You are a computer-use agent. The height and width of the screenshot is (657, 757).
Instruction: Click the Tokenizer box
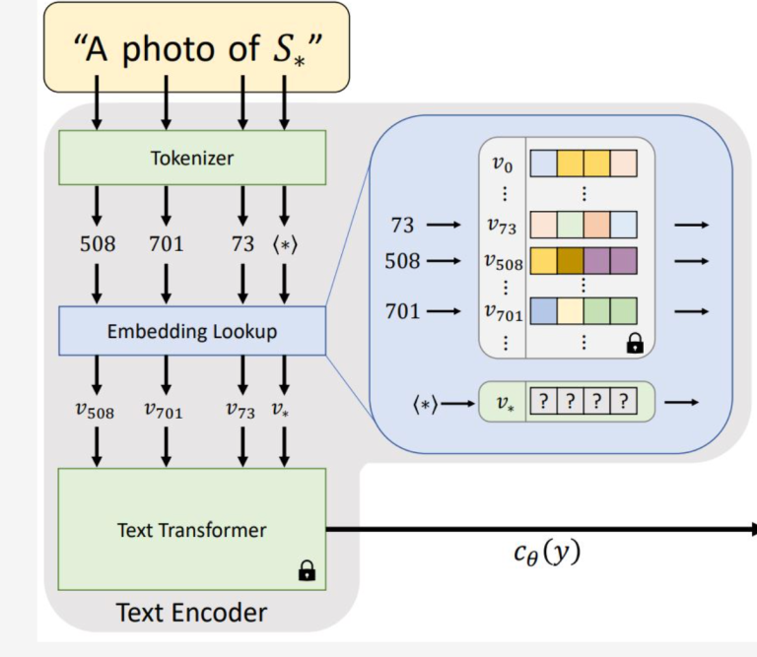click(x=191, y=158)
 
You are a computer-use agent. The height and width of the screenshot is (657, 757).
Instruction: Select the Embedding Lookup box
click(x=191, y=331)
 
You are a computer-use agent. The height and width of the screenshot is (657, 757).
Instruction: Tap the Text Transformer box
click(x=191, y=529)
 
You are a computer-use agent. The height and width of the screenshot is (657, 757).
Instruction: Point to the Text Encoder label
click(x=191, y=613)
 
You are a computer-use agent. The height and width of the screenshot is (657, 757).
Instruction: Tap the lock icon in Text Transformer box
click(x=307, y=569)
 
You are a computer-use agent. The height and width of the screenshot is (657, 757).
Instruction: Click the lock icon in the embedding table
click(x=634, y=343)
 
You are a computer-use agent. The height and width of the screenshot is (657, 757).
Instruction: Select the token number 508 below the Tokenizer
click(x=97, y=243)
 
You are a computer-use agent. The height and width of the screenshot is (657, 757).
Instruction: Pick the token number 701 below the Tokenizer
click(x=166, y=243)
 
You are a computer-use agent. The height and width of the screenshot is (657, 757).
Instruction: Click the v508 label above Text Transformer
click(x=97, y=411)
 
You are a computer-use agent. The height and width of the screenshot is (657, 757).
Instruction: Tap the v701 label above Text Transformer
click(x=166, y=411)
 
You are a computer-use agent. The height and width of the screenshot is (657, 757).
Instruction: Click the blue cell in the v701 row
click(x=543, y=312)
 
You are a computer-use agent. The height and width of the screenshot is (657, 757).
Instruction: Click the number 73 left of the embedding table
click(x=402, y=226)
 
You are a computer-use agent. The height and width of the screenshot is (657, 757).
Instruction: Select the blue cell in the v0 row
click(x=543, y=163)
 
